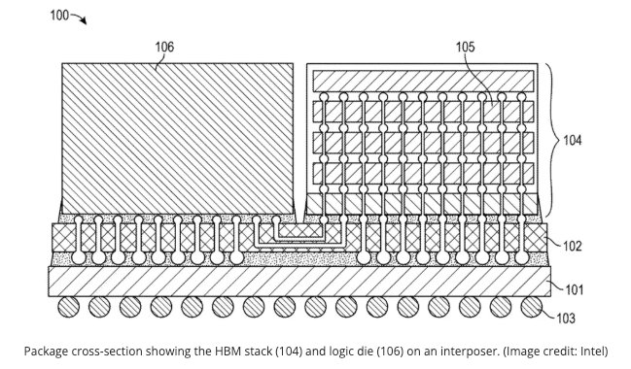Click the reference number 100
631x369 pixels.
coord(59,16)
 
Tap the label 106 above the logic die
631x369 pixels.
coord(164,47)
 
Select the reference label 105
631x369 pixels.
coord(465,47)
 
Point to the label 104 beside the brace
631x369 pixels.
coord(573,140)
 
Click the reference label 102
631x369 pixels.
coord(573,246)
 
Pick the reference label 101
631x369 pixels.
coord(575,289)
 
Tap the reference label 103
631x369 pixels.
coord(566,319)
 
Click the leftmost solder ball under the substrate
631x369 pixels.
coord(68,307)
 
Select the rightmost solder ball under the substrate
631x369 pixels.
coord(531,307)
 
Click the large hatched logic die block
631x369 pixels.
coord(178,138)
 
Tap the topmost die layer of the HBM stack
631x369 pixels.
coord(423,81)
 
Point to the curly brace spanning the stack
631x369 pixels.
coord(552,140)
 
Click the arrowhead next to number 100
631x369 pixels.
coord(83,20)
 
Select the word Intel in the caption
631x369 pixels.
coord(594,352)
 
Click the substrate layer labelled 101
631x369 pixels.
coord(299,282)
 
